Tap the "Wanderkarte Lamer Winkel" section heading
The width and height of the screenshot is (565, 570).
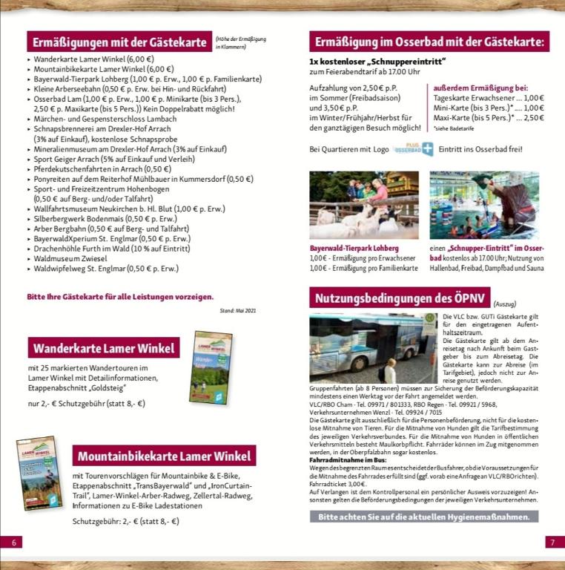104,347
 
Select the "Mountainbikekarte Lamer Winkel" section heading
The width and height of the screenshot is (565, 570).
163,455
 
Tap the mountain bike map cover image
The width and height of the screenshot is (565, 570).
39,472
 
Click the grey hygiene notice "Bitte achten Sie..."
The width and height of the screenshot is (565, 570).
423,517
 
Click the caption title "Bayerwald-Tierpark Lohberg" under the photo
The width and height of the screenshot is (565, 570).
354,248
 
